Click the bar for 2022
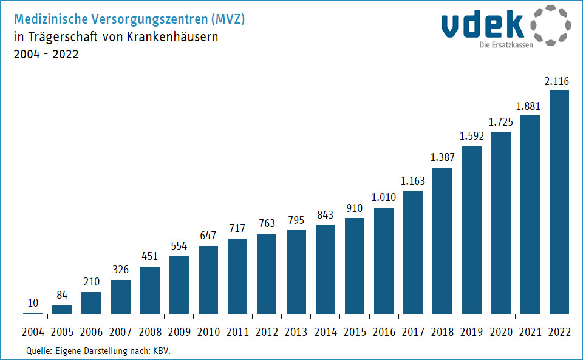(559, 202)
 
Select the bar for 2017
(413, 253)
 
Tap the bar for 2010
(208, 280)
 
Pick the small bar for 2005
(62, 310)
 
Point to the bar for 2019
(471, 229)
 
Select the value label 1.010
(384, 198)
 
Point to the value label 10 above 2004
(33, 303)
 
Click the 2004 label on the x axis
(33, 332)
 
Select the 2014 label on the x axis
(326, 332)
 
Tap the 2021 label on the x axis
(530, 332)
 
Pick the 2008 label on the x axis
(150, 332)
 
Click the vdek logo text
(483, 25)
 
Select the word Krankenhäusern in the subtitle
(173, 36)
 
